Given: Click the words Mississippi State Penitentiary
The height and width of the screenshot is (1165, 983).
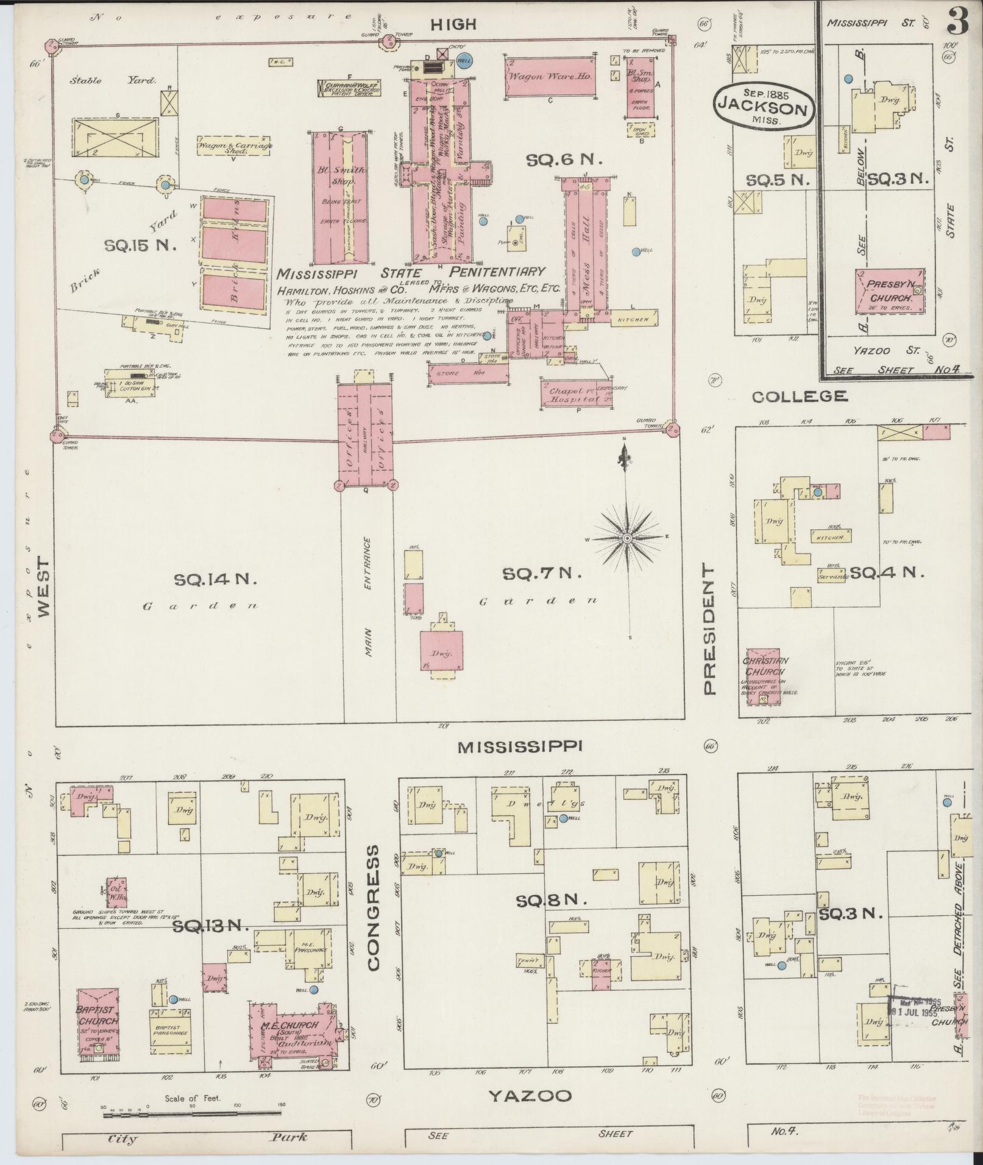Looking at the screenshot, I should click(410, 273).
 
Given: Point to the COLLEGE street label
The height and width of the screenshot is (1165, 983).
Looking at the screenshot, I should click(799, 397).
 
